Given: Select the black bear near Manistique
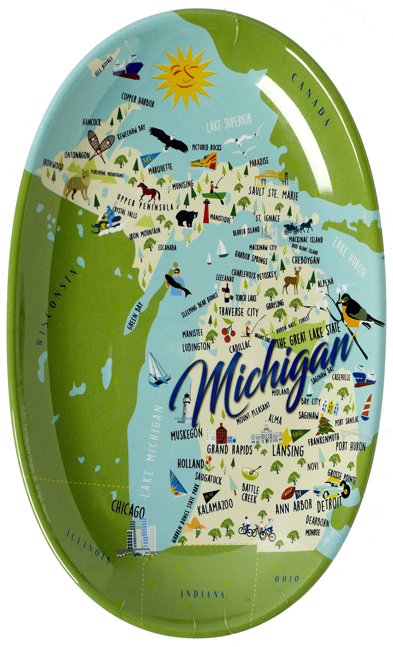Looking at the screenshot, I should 187,218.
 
